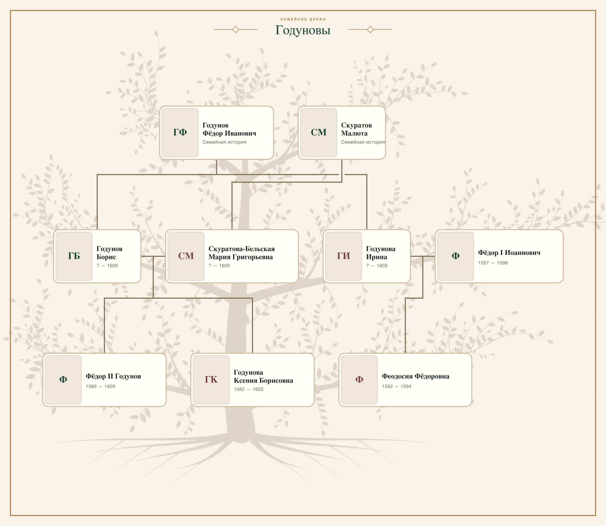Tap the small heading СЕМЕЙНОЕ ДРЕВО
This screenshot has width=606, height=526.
coord(303,19)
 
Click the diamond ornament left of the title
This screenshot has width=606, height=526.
coord(235,29)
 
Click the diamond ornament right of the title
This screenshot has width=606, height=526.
coord(370,29)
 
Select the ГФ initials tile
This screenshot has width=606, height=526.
coord(180,133)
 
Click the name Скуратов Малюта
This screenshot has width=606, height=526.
coord(356,129)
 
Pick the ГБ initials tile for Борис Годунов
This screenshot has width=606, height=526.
coord(74,256)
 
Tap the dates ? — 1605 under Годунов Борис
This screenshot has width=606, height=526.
coord(107,266)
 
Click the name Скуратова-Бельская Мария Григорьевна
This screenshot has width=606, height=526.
coord(241,253)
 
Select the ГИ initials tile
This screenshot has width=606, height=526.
coord(343,256)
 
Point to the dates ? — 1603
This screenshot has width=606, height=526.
coord(376,266)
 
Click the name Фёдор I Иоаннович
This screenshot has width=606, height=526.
coord(509,253)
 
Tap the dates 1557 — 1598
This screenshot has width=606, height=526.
coord(493,263)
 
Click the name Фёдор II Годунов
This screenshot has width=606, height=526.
coord(113,376)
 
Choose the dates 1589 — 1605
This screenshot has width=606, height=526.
coord(100,386)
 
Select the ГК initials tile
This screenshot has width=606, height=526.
coord(211,380)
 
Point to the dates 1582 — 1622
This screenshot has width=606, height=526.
coord(248,389)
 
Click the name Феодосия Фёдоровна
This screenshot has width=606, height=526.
coord(415,376)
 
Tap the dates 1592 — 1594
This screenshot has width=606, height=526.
coord(396,386)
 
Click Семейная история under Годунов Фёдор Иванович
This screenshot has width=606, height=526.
coord(224,142)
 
